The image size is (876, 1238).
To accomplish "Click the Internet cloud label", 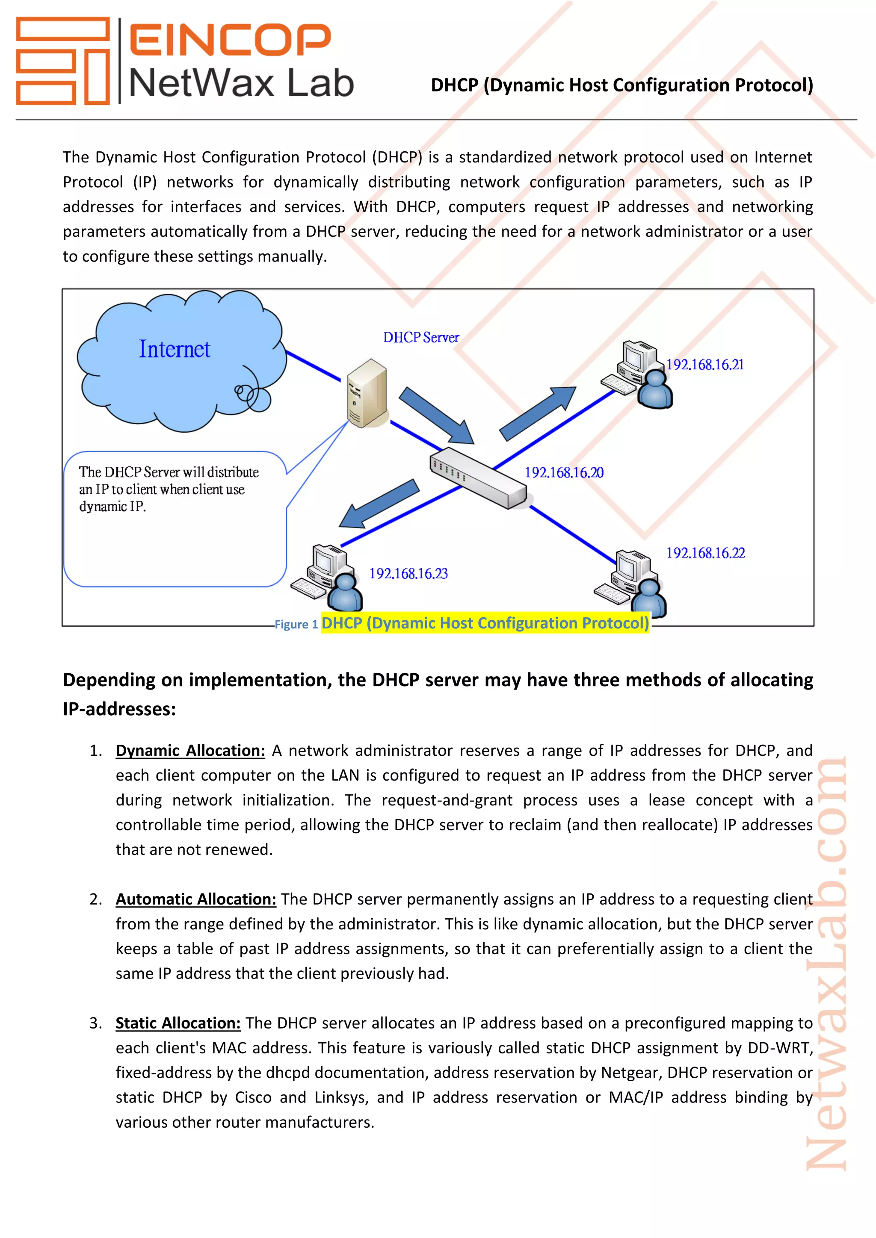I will pyautogui.click(x=174, y=349).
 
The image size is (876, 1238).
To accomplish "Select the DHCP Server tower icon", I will pyautogui.click(x=367, y=393).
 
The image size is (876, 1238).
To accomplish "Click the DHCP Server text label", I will pyautogui.click(x=421, y=338).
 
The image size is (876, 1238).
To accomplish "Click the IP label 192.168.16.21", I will pyautogui.click(x=704, y=365).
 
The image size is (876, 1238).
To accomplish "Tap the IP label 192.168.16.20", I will pyautogui.click(x=564, y=473).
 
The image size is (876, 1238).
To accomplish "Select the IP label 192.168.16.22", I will pyautogui.click(x=705, y=553).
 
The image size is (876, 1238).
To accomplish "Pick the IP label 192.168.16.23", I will pyautogui.click(x=408, y=574).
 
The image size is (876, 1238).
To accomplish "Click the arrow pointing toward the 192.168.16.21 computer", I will pyautogui.click(x=537, y=413).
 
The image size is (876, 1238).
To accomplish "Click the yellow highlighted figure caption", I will pyautogui.click(x=485, y=623).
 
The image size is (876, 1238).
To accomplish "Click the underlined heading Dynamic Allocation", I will pyautogui.click(x=190, y=751).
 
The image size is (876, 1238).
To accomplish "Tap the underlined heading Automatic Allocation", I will pyautogui.click(x=196, y=899).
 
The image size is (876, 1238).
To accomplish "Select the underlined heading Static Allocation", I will pyautogui.click(x=178, y=1023).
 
